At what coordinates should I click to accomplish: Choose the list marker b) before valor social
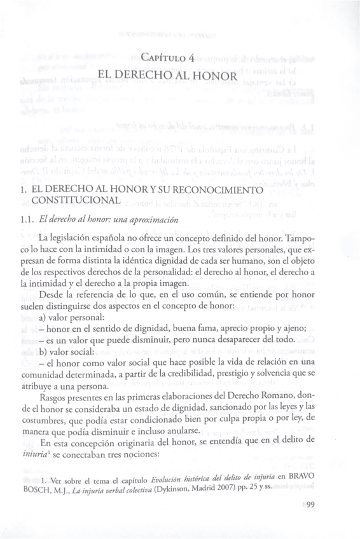pos(45,351)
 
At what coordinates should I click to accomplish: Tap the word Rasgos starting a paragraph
pos(54,397)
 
